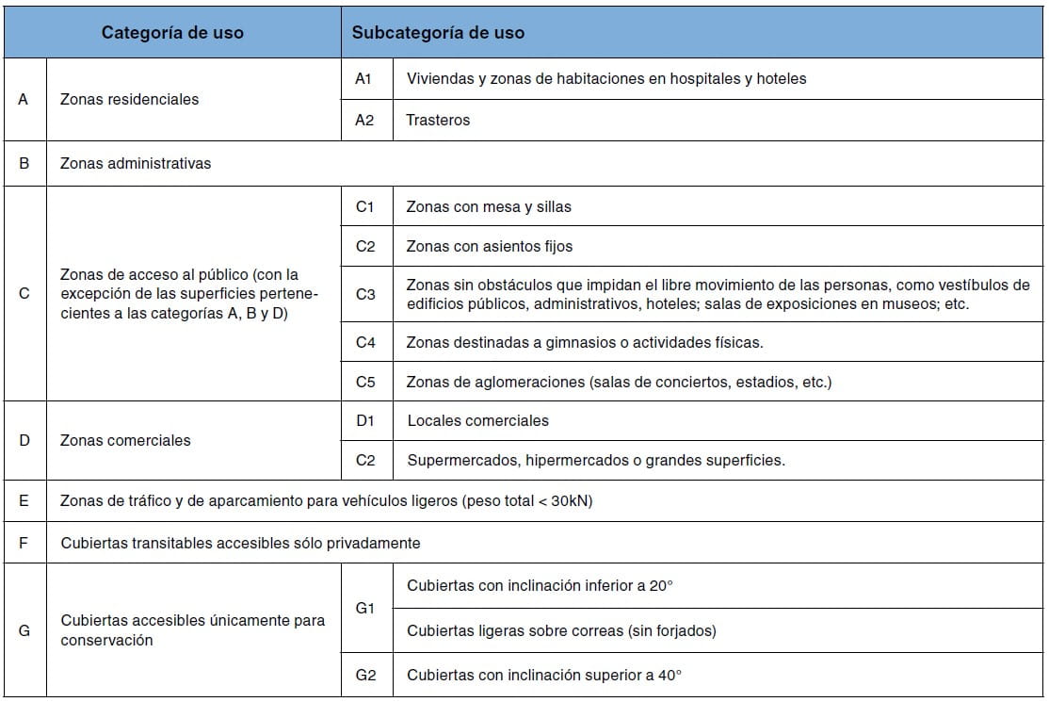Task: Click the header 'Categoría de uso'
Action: [x=172, y=32]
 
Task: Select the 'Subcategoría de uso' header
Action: [x=438, y=32]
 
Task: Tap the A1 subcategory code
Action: [x=363, y=79]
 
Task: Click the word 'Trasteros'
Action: [x=438, y=121]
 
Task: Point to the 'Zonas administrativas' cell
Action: [x=136, y=163]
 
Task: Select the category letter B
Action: [x=24, y=163]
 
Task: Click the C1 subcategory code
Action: [x=365, y=206]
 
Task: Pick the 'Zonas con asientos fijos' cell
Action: [x=489, y=247]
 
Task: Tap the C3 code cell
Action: [x=365, y=294]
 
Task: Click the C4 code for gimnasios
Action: [x=365, y=343]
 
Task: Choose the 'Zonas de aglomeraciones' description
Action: [x=619, y=383]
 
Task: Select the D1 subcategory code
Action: [x=365, y=420]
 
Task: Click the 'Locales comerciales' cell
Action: [x=477, y=420]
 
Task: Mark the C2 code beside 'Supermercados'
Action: [x=365, y=461]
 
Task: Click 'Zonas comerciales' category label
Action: [x=125, y=440]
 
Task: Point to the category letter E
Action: [x=24, y=501]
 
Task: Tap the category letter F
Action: [x=24, y=543]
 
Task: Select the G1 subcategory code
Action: [x=365, y=609]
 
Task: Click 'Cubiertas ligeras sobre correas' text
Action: [x=561, y=631]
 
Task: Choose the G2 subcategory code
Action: [x=365, y=676]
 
